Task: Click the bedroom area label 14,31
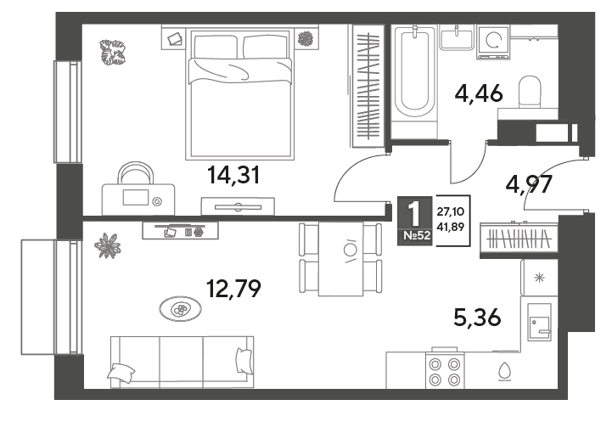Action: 233,175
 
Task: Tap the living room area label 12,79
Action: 233,289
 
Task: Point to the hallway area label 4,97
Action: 529,184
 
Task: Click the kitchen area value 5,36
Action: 477,317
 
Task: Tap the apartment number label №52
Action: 415,235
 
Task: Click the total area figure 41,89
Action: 450,227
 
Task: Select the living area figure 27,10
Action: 450,212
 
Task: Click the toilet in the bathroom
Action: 530,93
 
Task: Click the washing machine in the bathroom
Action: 493,41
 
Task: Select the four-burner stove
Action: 445,370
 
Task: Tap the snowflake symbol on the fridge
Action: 539,278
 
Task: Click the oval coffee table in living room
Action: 180,309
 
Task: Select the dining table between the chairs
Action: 340,259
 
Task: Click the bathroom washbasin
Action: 457,37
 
